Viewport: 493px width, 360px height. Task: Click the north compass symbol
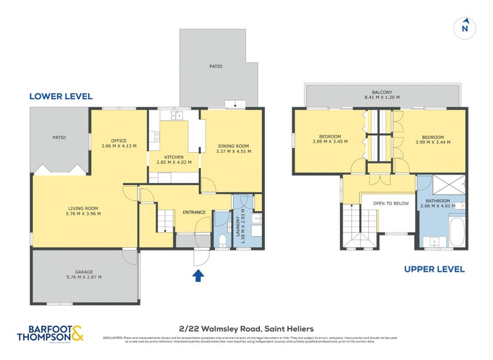465,27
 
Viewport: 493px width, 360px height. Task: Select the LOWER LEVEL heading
61,96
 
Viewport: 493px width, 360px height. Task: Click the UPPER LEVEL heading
434,269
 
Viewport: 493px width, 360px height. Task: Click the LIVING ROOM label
84,211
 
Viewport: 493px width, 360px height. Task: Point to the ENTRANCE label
194,213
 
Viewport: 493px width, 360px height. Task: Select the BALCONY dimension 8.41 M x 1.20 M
382,97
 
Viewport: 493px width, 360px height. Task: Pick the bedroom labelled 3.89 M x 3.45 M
330,139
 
